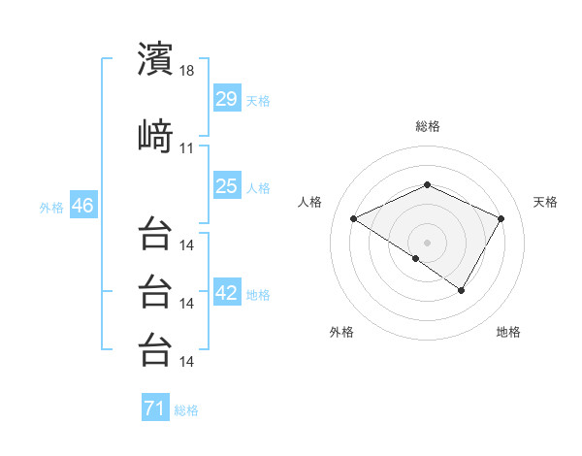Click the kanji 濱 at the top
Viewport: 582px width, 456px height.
click(155, 59)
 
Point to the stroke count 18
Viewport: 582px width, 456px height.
click(187, 72)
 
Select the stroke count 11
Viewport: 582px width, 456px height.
click(187, 148)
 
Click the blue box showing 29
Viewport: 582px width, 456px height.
click(227, 99)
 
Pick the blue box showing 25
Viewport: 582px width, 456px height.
click(227, 185)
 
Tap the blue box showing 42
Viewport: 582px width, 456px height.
click(227, 292)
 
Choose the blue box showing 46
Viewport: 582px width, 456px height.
click(82, 206)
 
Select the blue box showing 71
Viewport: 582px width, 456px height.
click(155, 408)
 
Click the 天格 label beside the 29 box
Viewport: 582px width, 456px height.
click(258, 101)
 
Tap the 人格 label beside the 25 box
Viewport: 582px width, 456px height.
click(258, 187)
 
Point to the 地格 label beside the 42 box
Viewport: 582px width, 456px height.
click(258, 294)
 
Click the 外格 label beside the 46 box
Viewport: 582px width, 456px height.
click(51, 208)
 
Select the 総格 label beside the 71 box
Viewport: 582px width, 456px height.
click(186, 410)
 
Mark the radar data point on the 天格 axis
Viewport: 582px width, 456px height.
click(501, 218)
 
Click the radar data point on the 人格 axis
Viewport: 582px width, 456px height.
click(354, 218)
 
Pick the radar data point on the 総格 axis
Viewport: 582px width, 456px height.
click(427, 184)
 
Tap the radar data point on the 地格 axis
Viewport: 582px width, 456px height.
click(462, 290)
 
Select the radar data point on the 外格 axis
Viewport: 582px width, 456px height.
click(416, 258)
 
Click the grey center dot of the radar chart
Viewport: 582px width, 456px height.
click(427, 242)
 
